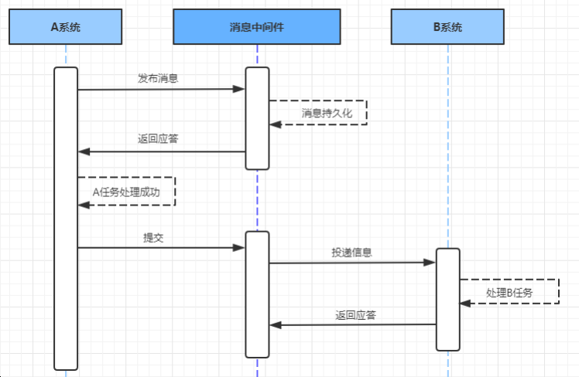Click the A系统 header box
pos(66,27)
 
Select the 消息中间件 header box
pos(256,27)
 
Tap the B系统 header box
pos(447,27)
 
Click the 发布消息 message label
pos(160,79)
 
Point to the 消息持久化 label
pos(327,114)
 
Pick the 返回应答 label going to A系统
pos(160,140)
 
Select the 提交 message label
pos(153,238)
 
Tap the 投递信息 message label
pos(351,253)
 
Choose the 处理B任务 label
pos(510,293)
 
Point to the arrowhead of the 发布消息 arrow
pos(241,90)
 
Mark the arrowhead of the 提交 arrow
pos(241,247)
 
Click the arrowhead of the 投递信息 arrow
pos(430,263)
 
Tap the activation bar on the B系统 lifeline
pos(447,299)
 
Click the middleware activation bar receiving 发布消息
pos(257,118)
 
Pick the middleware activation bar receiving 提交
pos(257,294)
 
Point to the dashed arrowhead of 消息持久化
pos(274,124)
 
